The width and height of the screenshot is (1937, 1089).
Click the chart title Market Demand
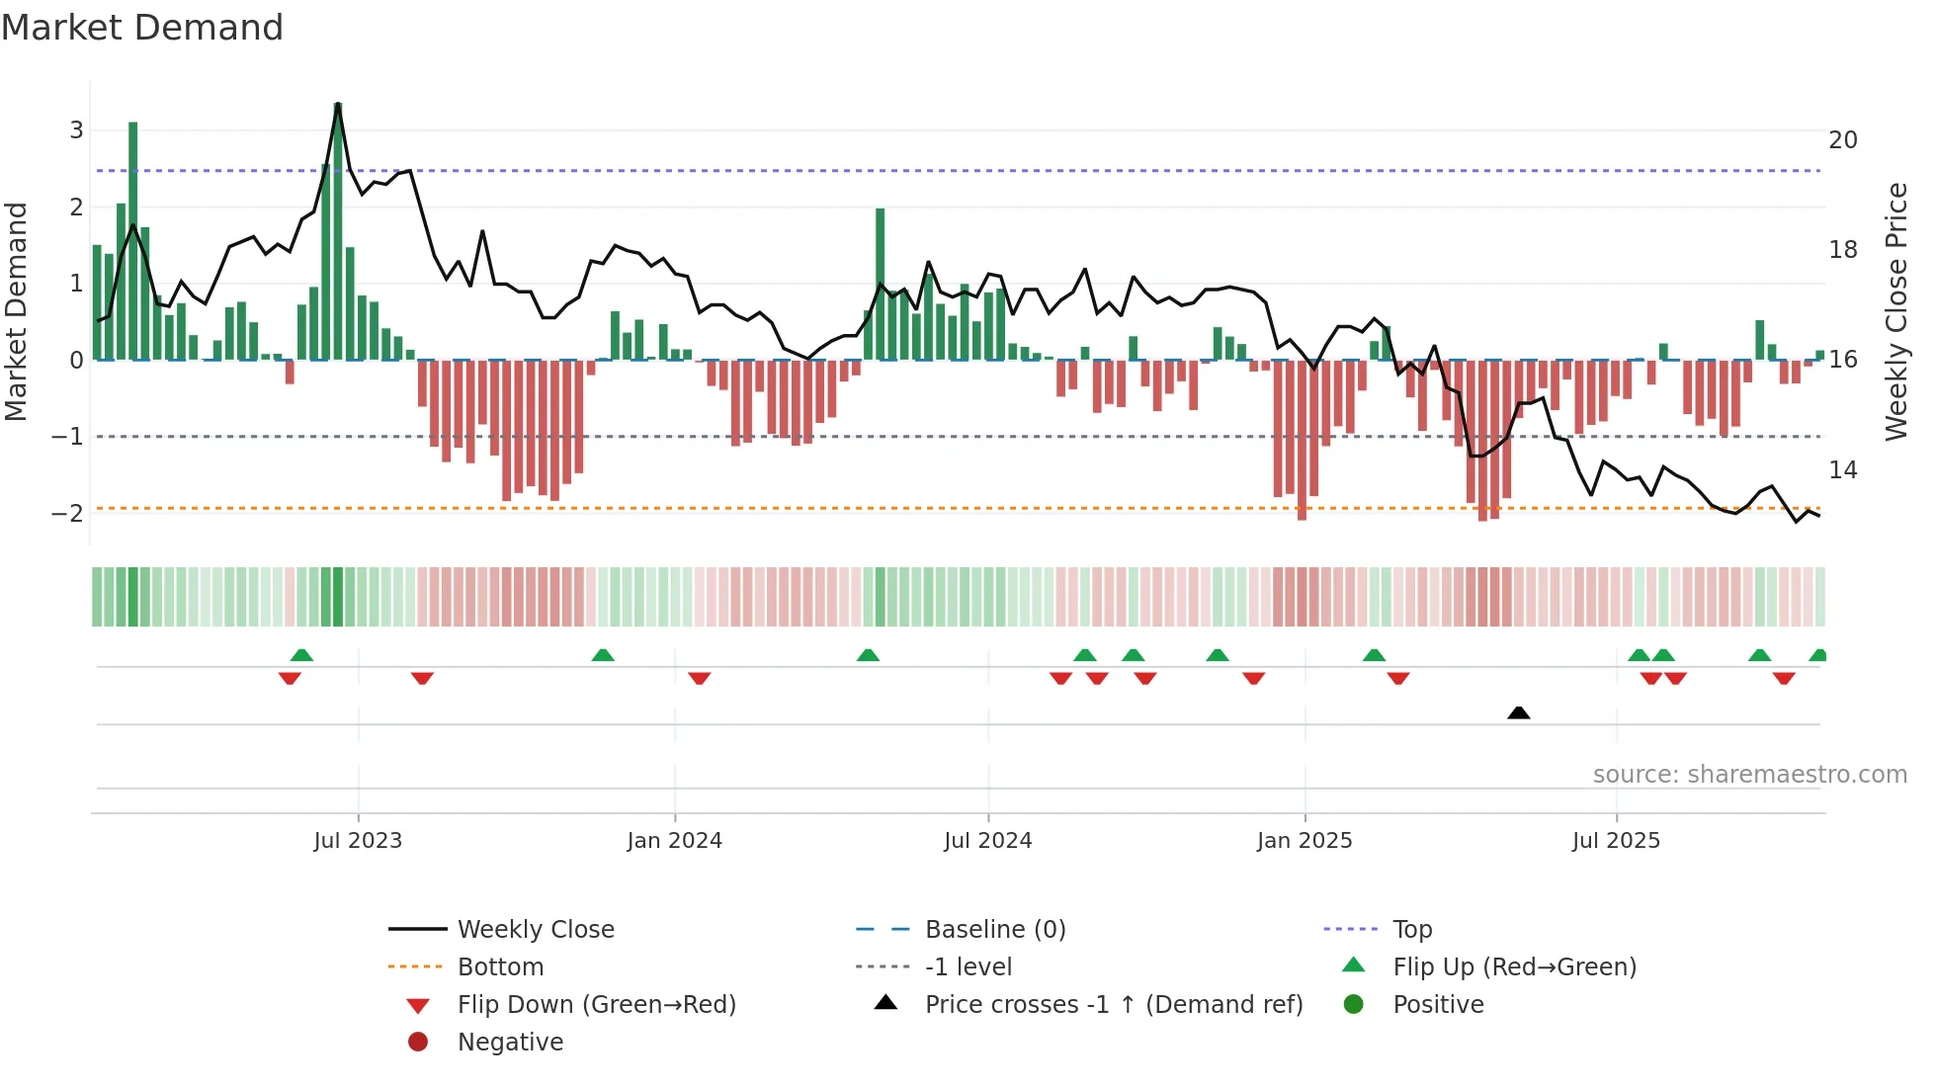[x=142, y=28]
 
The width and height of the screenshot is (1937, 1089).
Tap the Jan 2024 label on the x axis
[x=674, y=841]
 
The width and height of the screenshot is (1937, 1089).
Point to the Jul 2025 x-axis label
[x=1616, y=841]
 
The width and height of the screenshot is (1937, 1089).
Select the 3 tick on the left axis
[x=76, y=130]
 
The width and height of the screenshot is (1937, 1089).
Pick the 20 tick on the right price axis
[x=1842, y=140]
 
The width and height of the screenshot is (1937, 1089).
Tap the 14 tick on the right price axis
[x=1842, y=470]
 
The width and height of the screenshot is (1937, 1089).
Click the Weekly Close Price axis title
[x=1895, y=311]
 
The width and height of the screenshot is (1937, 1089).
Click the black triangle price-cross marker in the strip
[x=1519, y=712]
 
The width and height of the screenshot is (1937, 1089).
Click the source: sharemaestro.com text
[x=1749, y=775]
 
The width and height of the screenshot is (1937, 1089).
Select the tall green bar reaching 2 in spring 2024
[x=880, y=285]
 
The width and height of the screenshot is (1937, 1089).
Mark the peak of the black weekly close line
[x=338, y=104]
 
